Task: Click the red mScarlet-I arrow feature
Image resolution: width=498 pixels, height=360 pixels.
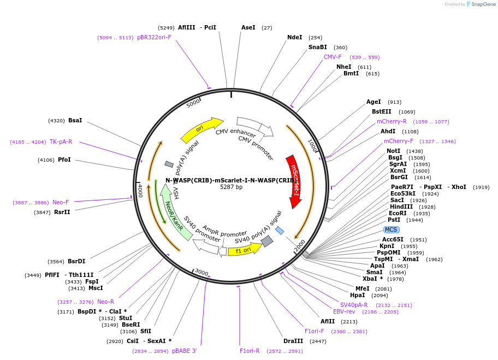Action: (294, 181)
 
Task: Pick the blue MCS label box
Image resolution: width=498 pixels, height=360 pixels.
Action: (391, 229)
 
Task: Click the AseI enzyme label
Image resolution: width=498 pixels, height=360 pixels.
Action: (248, 27)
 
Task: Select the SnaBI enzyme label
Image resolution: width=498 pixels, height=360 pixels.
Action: (317, 48)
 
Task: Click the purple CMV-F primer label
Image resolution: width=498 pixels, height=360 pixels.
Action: (333, 57)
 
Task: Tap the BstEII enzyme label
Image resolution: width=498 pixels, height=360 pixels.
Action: (381, 112)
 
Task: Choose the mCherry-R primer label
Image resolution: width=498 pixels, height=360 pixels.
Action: (392, 121)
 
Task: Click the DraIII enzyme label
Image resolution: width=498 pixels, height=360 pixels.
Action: (293, 341)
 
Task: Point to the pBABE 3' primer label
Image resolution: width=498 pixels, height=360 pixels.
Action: (184, 351)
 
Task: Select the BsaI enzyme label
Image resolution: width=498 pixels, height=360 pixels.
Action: (75, 120)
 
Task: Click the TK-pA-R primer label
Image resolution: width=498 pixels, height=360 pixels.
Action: (61, 141)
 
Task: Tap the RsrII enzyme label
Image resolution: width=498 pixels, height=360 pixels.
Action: (62, 212)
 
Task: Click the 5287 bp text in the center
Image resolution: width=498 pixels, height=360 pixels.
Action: (231, 187)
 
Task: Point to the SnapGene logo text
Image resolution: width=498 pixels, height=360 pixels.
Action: (483, 4)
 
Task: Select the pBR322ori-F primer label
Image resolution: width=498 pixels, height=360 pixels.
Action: (154, 37)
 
